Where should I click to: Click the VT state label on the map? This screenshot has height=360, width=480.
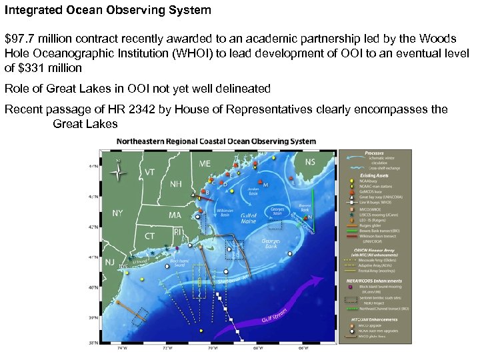[151, 172]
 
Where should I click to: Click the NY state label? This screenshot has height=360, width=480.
[117, 213]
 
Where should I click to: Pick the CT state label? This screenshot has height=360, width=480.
[149, 236]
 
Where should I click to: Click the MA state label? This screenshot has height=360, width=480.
[175, 215]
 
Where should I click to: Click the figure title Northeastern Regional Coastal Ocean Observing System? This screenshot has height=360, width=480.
[217, 141]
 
